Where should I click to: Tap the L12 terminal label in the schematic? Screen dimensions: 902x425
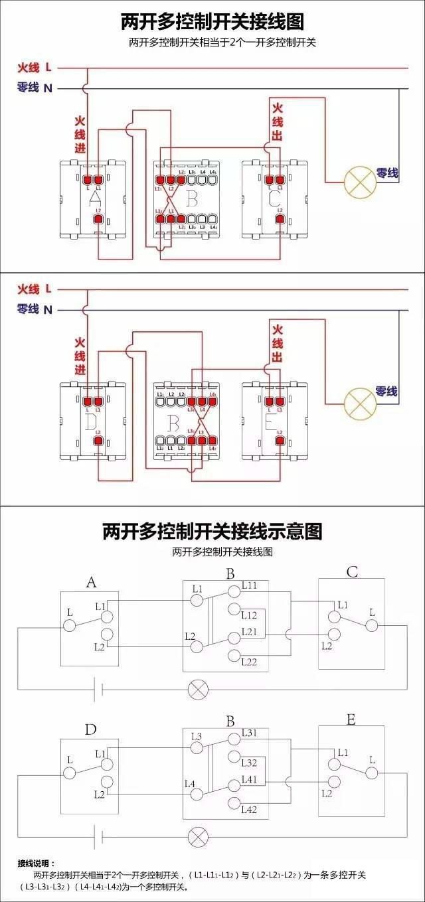[x=250, y=615]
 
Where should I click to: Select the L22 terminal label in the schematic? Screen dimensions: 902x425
[x=250, y=662]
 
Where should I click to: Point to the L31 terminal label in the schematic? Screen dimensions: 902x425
[x=250, y=733]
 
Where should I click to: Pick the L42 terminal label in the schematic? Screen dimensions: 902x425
[x=250, y=809]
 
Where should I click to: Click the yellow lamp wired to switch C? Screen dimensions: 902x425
[x=359, y=181]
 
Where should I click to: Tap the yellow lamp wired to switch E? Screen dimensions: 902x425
[x=359, y=401]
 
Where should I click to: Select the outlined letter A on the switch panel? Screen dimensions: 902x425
[x=94, y=198]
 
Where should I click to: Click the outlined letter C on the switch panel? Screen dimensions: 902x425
[x=274, y=198]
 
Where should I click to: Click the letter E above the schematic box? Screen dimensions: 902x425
[x=351, y=719]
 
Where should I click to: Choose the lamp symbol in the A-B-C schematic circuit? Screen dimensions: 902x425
[x=197, y=690]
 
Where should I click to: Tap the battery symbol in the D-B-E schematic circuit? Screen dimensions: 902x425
[x=97, y=835]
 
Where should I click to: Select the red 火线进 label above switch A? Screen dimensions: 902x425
[x=80, y=135]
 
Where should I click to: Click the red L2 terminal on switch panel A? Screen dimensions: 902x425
[x=98, y=218]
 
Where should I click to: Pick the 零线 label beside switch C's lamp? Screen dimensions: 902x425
[x=387, y=173]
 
